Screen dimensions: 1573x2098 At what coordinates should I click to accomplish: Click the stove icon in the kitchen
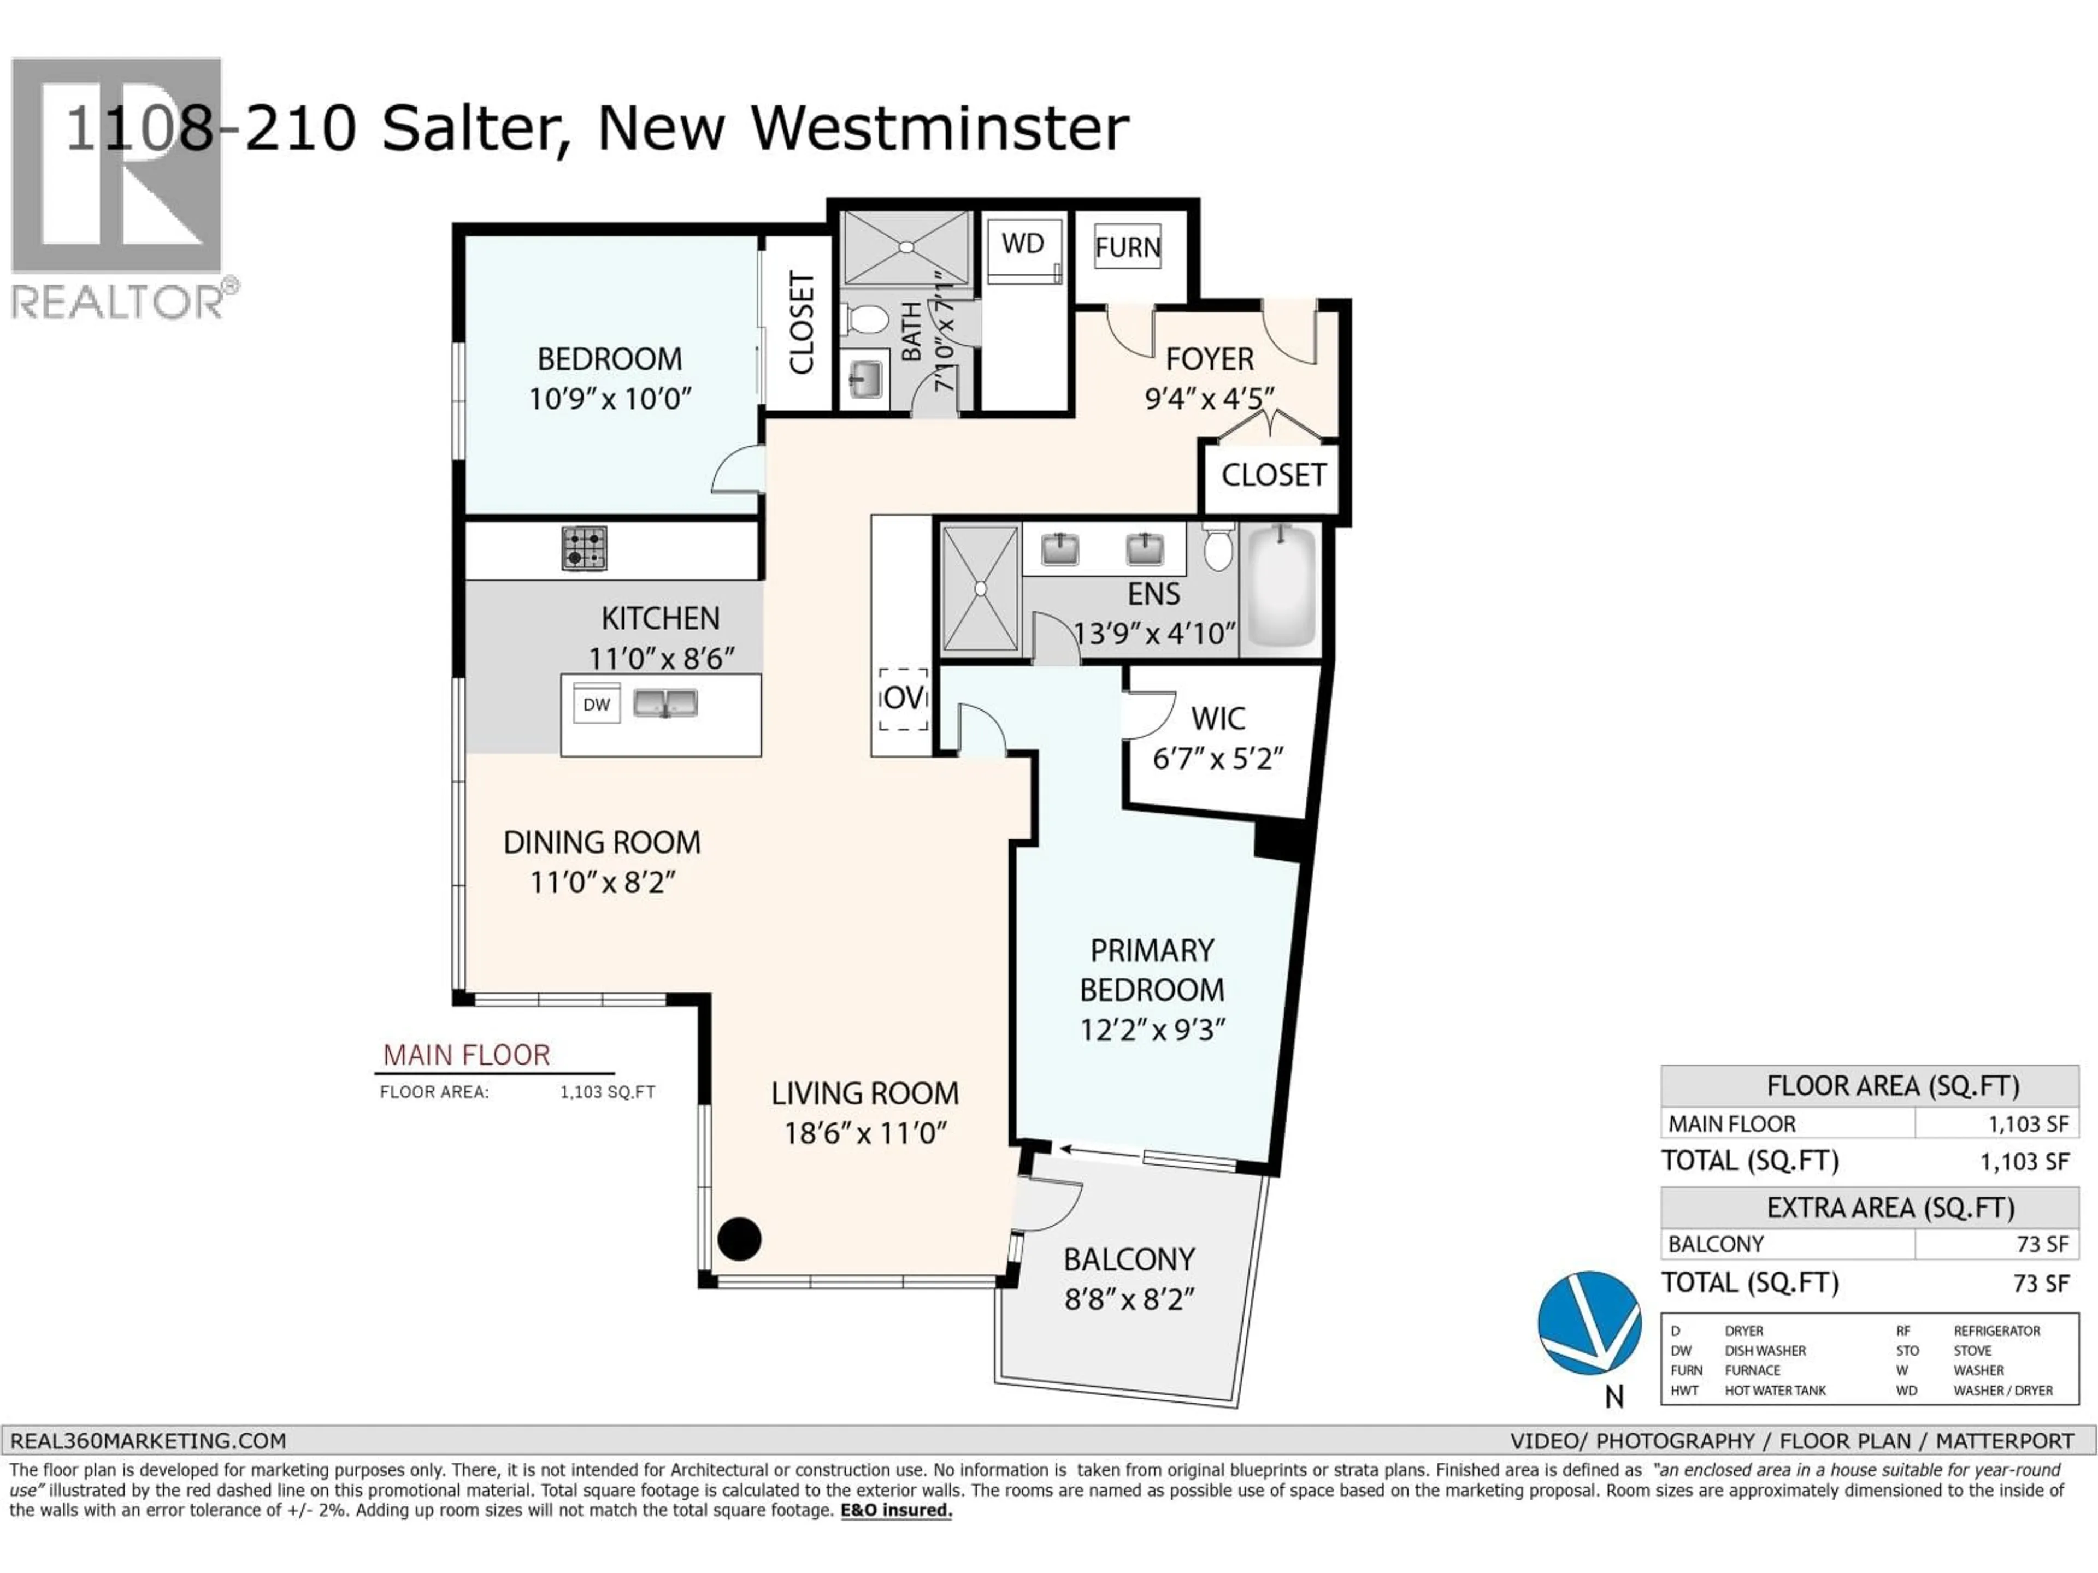[x=584, y=548]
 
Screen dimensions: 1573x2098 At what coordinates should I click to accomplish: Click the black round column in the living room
[x=739, y=1238]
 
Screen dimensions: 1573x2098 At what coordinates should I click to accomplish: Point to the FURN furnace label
[x=1128, y=247]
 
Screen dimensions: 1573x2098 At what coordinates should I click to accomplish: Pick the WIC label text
[x=1218, y=719]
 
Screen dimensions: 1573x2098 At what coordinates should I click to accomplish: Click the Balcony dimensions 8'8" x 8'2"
[x=1129, y=1299]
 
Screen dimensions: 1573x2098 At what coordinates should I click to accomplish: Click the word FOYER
[x=1209, y=359]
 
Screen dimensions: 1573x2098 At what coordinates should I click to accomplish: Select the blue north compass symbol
[x=1589, y=1323]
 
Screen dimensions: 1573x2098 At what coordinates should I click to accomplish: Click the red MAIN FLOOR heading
[x=465, y=1055]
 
